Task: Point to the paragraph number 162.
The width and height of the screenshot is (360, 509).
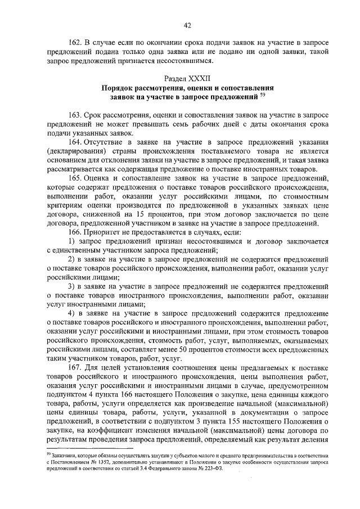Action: pos(76,42)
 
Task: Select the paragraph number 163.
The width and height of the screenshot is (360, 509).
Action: pos(76,115)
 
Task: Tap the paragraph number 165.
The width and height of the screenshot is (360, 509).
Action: pos(76,179)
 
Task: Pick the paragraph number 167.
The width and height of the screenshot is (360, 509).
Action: pos(76,368)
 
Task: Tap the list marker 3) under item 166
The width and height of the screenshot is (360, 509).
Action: pos(71,286)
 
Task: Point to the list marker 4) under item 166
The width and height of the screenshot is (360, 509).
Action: pos(71,314)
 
